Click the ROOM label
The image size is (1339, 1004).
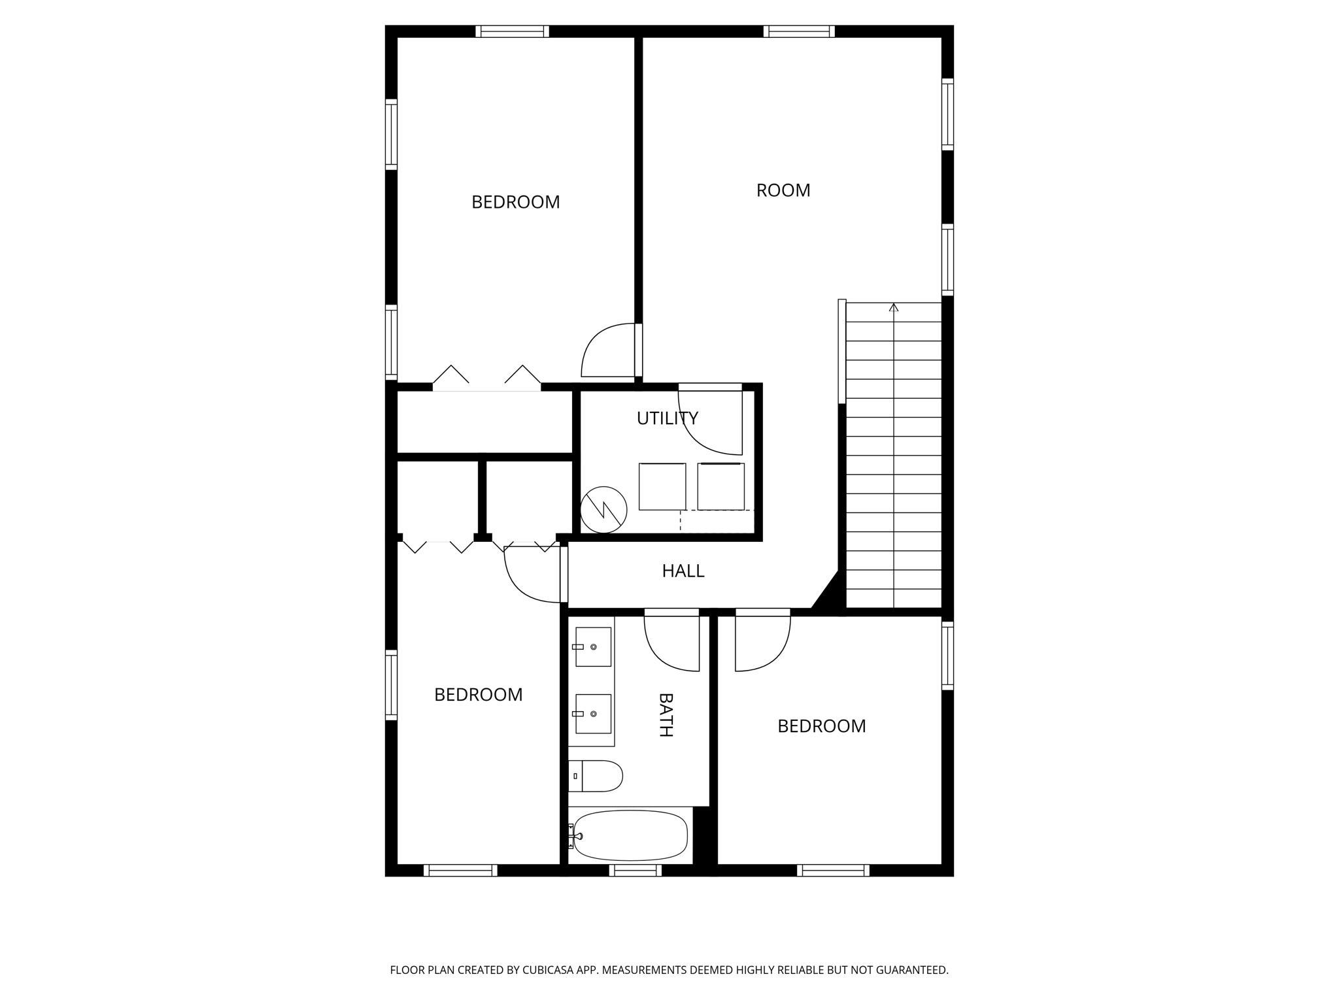[x=783, y=190]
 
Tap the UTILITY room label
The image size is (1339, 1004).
[x=667, y=418]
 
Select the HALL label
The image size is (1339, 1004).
[x=683, y=571]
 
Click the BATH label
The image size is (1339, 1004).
[x=665, y=715]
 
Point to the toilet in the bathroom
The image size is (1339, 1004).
[x=596, y=776]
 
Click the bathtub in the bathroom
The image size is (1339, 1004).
[x=630, y=835]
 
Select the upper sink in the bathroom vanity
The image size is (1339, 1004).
[x=593, y=646]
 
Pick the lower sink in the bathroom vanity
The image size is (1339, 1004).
[x=593, y=714]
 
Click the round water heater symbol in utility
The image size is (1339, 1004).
[x=603, y=509]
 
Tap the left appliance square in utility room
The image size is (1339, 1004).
[x=662, y=486]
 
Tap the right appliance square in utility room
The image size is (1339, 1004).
[x=720, y=486]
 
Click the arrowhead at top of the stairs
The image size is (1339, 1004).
[x=894, y=307]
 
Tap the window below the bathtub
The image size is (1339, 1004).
[x=635, y=870]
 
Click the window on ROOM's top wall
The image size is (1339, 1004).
[x=799, y=31]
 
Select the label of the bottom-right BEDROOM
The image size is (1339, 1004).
[x=821, y=726]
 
